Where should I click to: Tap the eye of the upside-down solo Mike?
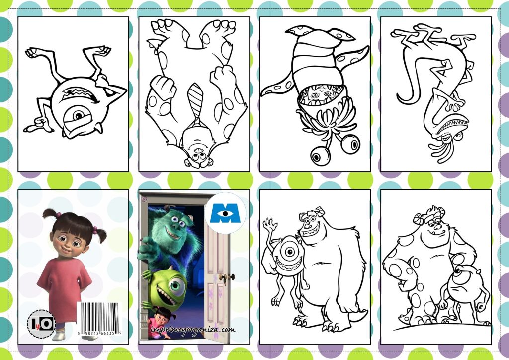(79, 115)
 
